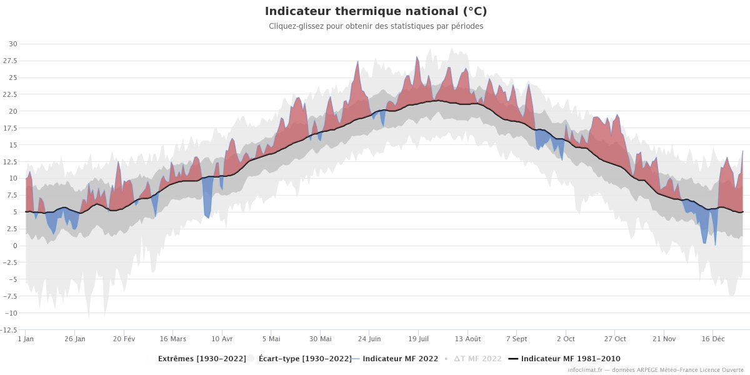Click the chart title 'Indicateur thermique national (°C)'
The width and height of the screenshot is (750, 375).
click(376, 11)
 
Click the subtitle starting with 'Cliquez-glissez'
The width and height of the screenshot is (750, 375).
click(376, 26)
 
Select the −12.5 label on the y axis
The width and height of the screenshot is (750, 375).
click(9, 330)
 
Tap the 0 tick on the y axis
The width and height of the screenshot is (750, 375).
click(15, 246)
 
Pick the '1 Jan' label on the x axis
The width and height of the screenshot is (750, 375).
click(26, 339)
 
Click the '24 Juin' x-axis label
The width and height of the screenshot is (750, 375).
click(369, 339)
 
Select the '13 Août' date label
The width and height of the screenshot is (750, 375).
click(467, 339)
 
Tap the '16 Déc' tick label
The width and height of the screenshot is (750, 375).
click(713, 339)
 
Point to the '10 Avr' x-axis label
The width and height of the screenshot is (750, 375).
click(222, 339)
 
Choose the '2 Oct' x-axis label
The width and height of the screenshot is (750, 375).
click(566, 339)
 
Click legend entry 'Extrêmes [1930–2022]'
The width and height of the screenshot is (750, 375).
click(201, 359)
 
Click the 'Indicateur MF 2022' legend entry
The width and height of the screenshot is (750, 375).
click(400, 359)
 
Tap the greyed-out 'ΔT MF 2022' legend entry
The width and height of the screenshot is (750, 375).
click(477, 359)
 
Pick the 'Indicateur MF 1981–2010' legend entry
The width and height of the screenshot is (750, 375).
click(570, 359)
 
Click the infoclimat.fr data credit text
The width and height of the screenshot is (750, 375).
click(656, 370)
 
